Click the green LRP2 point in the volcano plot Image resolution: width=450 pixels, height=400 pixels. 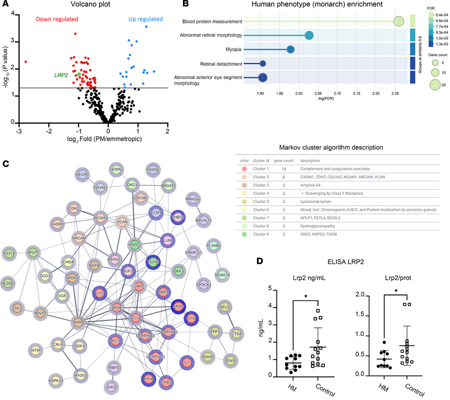[x=79, y=74]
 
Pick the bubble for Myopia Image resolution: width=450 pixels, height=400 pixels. [x=290, y=49]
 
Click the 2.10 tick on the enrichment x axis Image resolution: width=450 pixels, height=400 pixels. [x=337, y=93]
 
